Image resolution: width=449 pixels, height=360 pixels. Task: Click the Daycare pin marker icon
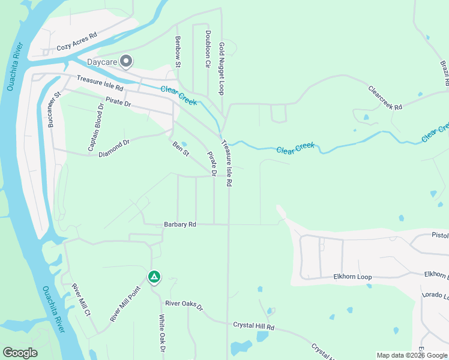(126, 61)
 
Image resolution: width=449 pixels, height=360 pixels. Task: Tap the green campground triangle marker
(154, 277)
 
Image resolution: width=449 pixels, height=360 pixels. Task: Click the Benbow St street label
(178, 47)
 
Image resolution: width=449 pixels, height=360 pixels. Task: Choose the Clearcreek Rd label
(385, 97)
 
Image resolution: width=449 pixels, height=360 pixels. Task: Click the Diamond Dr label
(114, 148)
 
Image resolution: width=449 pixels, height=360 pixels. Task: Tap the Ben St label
(181, 149)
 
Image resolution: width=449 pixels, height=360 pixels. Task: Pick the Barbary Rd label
(180, 224)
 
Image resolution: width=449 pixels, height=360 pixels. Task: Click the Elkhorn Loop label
(352, 277)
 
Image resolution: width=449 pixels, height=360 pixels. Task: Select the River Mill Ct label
(80, 300)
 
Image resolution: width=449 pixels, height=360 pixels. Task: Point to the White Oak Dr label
(161, 333)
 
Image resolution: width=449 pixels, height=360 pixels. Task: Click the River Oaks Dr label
(185, 305)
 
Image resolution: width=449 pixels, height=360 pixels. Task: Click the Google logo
(20, 353)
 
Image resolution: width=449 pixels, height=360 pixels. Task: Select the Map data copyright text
(412, 355)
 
